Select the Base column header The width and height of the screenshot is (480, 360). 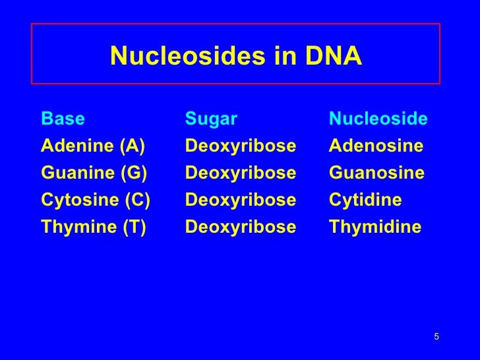tap(63, 119)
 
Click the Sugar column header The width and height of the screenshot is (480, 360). tap(211, 119)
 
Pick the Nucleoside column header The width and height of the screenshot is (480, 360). tap(378, 119)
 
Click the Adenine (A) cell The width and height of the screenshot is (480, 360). tap(93, 146)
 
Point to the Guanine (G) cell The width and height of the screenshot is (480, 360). tap(94, 173)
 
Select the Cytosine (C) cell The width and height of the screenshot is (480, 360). tap(96, 200)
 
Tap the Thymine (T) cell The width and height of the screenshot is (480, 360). tap(93, 227)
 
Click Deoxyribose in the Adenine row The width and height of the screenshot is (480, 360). tap(241, 146)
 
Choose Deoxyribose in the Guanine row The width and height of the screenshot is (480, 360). tap(241, 173)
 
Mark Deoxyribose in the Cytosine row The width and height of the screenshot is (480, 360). tap(241, 200)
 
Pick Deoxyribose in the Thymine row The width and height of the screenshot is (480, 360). tap(241, 227)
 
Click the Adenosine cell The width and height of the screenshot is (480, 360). tap(376, 146)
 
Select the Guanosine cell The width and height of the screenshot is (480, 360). tap(376, 173)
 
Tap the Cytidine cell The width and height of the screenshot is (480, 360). tap(365, 200)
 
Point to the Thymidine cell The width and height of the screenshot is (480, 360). tap(375, 227)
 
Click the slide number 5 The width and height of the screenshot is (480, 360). tap(436, 338)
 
